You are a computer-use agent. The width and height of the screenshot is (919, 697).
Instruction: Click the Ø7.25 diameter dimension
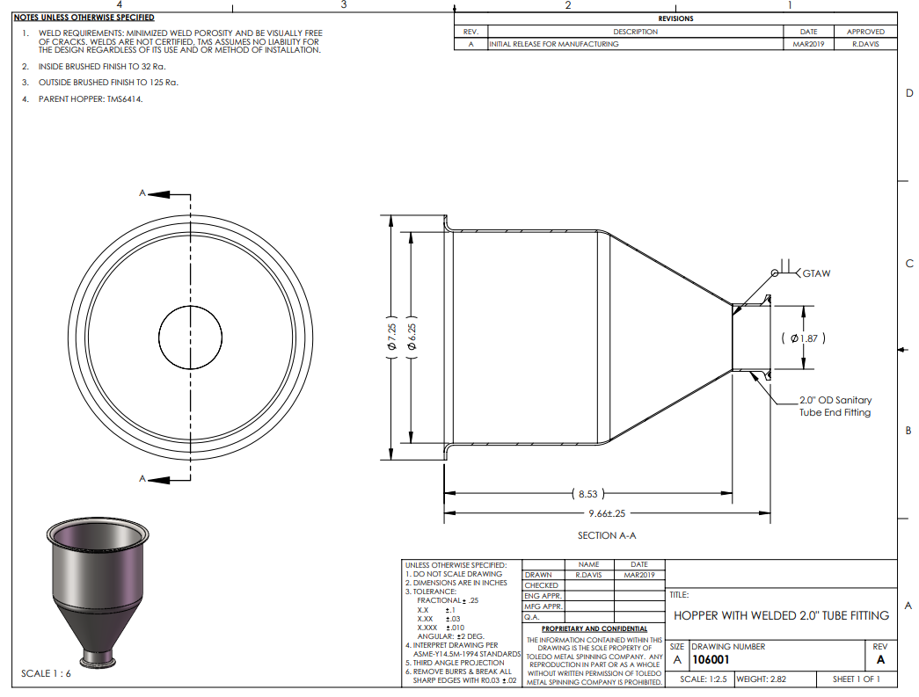(x=391, y=338)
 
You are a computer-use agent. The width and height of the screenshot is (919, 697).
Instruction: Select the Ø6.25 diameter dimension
(x=412, y=338)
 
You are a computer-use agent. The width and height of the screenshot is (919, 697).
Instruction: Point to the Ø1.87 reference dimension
(x=804, y=338)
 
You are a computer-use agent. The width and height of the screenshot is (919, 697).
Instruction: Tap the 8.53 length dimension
(x=587, y=494)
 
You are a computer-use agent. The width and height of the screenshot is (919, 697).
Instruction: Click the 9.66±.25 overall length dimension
(x=607, y=513)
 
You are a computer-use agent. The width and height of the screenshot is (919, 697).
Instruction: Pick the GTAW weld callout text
(x=816, y=273)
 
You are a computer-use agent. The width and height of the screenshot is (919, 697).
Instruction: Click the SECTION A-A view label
(x=607, y=535)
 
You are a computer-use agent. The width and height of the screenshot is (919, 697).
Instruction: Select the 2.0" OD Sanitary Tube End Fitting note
(x=835, y=406)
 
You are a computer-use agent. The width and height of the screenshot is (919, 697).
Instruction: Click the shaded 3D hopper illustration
(x=98, y=592)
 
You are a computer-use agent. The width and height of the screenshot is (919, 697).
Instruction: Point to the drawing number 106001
(x=711, y=660)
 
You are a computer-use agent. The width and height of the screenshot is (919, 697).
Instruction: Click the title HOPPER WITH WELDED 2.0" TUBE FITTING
(x=781, y=615)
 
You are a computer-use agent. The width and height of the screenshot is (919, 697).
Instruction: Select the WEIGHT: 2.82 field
(x=762, y=679)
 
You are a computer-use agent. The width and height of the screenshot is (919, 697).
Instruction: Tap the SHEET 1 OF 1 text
(x=857, y=679)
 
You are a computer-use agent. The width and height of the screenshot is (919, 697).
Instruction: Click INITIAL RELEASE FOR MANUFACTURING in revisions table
(x=554, y=44)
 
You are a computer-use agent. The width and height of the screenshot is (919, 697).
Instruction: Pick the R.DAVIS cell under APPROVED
(x=865, y=44)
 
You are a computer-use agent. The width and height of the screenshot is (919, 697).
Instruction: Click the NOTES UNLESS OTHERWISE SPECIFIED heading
(x=84, y=18)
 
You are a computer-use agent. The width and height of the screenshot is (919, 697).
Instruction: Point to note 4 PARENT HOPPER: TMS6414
(x=91, y=99)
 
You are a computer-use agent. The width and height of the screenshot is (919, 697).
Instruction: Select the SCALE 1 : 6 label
(x=46, y=673)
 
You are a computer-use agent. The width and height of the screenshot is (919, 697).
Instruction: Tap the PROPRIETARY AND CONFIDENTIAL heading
(x=594, y=628)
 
